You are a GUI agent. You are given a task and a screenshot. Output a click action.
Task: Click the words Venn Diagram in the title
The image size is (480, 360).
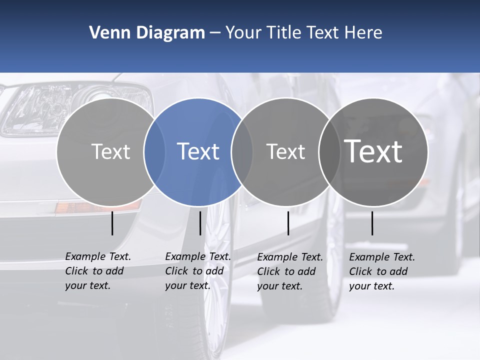[147, 33]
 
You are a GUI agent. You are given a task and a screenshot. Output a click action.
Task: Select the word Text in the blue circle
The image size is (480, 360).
[198, 151]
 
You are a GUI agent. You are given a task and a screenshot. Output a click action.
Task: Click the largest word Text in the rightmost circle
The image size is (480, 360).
[373, 151]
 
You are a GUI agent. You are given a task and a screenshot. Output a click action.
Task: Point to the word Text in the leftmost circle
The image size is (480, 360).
[110, 151]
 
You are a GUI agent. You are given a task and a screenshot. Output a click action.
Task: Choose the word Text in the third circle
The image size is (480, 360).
[285, 151]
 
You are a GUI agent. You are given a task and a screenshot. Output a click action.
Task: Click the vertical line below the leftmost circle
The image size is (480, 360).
[112, 223]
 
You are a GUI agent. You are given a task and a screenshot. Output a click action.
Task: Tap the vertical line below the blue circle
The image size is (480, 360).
[200, 223]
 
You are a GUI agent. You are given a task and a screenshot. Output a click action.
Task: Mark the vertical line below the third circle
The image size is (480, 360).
[288, 223]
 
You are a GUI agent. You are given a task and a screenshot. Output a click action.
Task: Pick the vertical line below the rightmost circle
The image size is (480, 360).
[372, 223]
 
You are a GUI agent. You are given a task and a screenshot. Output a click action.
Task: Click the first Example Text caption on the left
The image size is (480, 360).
[97, 271]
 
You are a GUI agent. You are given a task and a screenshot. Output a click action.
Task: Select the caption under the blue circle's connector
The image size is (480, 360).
[197, 271]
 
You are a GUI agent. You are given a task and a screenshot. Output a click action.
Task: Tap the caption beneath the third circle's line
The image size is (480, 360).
[289, 271]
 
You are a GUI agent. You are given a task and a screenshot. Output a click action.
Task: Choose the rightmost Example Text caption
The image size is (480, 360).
[381, 271]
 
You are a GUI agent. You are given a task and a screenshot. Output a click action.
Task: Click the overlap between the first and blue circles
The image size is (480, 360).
[154, 151]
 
